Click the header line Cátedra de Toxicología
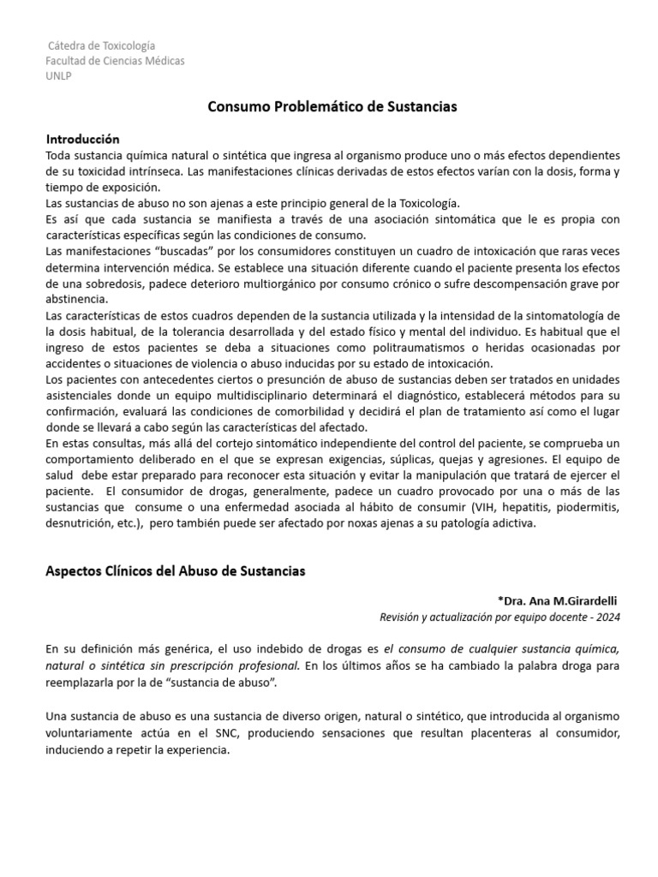point(101,45)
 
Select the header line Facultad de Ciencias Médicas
point(115,61)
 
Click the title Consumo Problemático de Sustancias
point(332,107)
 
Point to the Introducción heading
point(82,139)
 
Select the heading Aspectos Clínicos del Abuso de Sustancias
point(175,570)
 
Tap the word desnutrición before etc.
point(82,524)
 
